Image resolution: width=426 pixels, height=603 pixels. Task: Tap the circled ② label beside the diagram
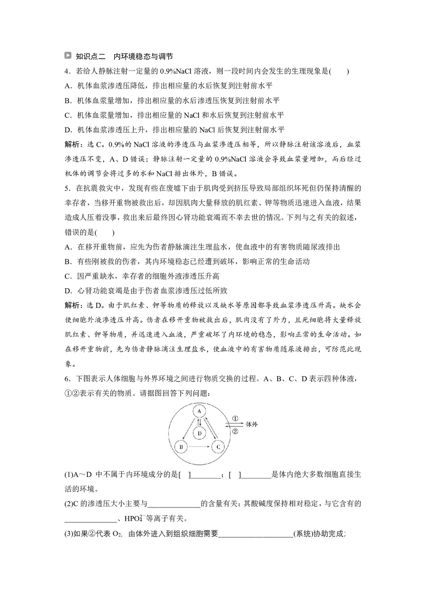tap(235, 431)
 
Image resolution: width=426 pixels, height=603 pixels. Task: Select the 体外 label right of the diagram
tap(252, 424)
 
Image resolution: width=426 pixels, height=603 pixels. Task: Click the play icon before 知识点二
tap(68, 56)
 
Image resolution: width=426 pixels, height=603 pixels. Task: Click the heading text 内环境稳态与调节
tap(143, 56)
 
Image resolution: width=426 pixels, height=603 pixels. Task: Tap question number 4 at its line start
tap(67, 71)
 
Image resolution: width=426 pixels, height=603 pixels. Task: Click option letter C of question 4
tap(67, 115)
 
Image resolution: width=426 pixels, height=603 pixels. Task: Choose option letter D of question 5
tap(67, 291)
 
